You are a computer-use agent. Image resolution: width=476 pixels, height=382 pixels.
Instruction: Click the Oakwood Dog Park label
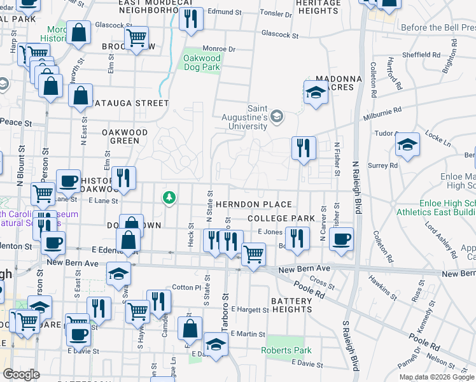click(x=202, y=62)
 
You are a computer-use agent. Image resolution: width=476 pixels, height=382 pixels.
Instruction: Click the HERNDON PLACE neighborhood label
click(x=253, y=204)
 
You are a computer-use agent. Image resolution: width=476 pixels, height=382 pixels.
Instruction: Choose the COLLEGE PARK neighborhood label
click(x=281, y=218)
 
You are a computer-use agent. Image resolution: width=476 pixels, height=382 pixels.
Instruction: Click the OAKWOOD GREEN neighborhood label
click(x=125, y=136)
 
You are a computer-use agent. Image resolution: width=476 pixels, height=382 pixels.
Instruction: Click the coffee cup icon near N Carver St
click(x=341, y=239)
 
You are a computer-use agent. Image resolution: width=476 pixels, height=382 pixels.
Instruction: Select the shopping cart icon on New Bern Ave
click(x=253, y=254)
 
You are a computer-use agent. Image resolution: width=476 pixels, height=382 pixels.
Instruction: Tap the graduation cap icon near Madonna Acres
click(x=315, y=93)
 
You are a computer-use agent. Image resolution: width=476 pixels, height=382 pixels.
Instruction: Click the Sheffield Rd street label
click(x=421, y=55)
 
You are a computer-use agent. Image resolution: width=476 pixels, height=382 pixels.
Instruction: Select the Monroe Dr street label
click(x=219, y=49)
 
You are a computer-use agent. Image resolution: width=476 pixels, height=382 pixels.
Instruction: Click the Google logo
click(x=22, y=374)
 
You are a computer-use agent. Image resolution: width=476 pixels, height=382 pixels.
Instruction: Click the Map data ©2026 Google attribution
click(x=438, y=377)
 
